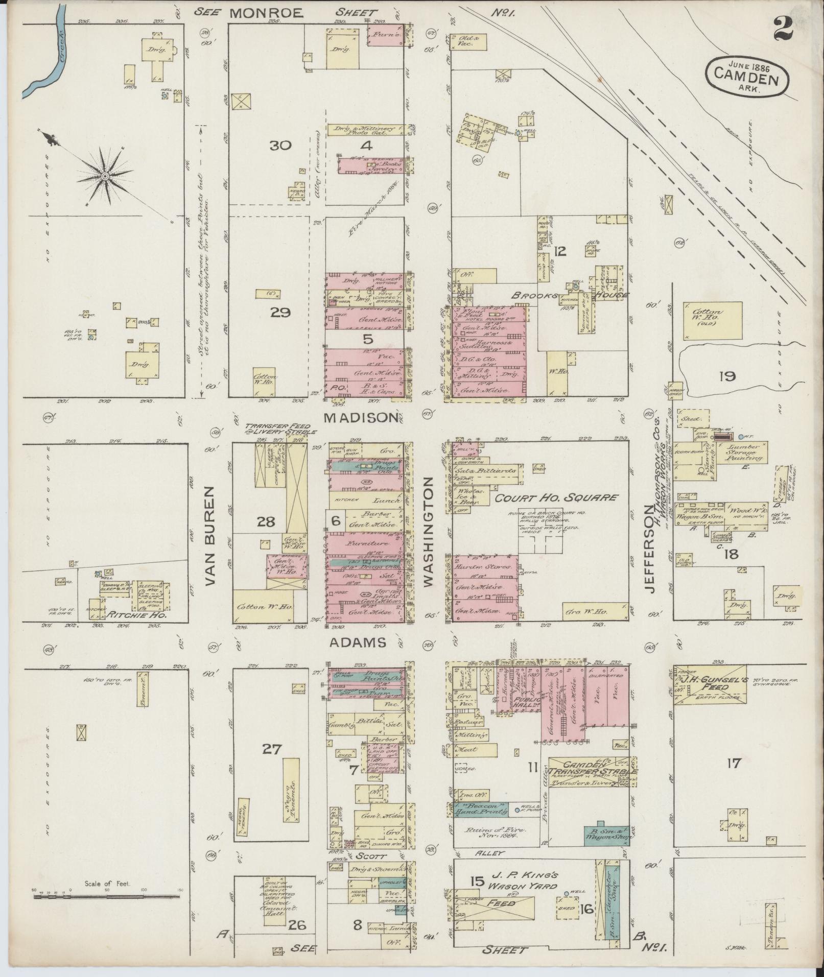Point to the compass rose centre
click(105, 177)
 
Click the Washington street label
click(428, 531)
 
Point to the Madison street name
click(361, 417)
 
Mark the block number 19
click(726, 377)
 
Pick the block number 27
click(272, 749)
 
